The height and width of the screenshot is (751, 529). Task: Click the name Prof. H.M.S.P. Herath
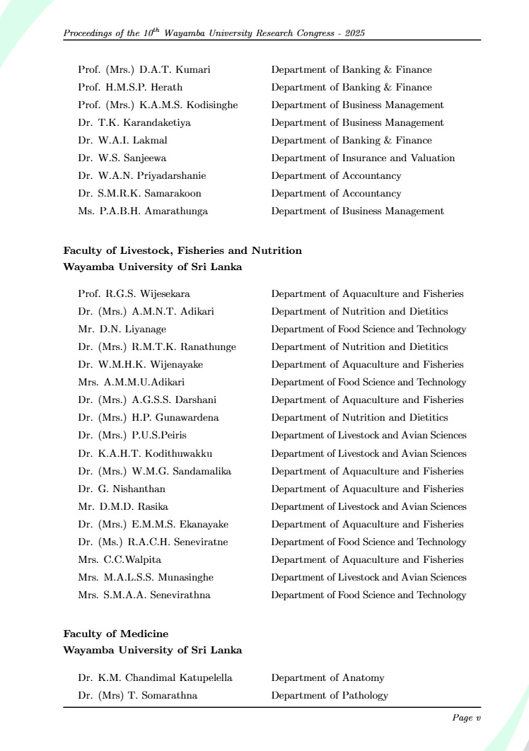130,88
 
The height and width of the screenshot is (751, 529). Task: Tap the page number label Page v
466,718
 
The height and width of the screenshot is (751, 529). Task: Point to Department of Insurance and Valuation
363,158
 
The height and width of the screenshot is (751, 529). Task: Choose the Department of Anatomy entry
327,678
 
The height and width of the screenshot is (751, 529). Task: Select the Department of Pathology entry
330,696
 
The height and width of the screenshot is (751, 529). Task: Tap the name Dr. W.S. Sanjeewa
122,158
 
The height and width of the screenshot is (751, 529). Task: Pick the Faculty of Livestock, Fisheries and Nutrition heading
182,250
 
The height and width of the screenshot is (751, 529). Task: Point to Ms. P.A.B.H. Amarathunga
143,211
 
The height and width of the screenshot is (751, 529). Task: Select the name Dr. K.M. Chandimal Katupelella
155,678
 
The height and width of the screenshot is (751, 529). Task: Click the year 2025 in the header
354,33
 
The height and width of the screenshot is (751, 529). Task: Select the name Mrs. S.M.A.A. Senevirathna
144,595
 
